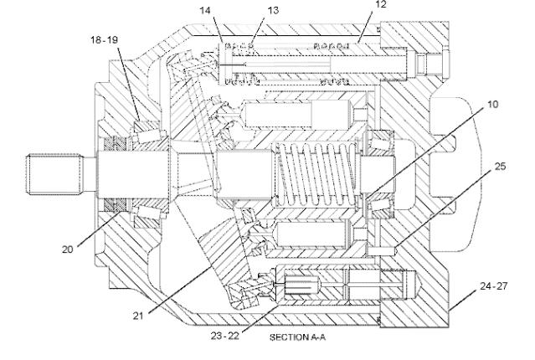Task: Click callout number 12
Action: (x=381, y=4)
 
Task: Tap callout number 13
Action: (x=273, y=11)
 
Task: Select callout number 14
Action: (x=205, y=11)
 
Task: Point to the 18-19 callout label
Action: (x=105, y=40)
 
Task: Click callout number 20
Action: (x=68, y=249)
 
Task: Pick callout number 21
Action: (x=137, y=316)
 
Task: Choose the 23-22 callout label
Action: (x=225, y=336)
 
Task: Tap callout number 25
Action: (x=501, y=167)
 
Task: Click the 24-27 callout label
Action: (x=494, y=286)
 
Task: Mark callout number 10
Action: (x=492, y=105)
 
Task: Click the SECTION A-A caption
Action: (x=297, y=337)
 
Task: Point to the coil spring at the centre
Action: (x=316, y=174)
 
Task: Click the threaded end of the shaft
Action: (x=55, y=174)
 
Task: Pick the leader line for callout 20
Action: (x=99, y=229)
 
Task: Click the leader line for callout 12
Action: (x=365, y=27)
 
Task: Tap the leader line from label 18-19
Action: (x=129, y=85)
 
